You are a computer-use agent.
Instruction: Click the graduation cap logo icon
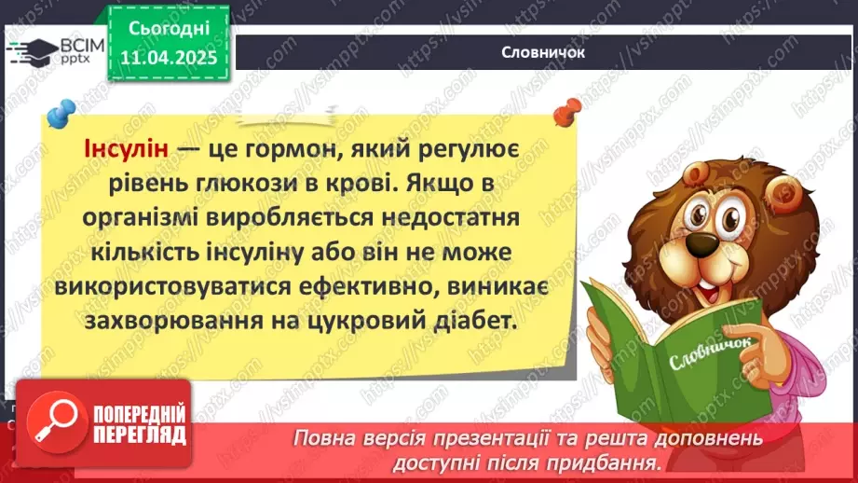point(34,49)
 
